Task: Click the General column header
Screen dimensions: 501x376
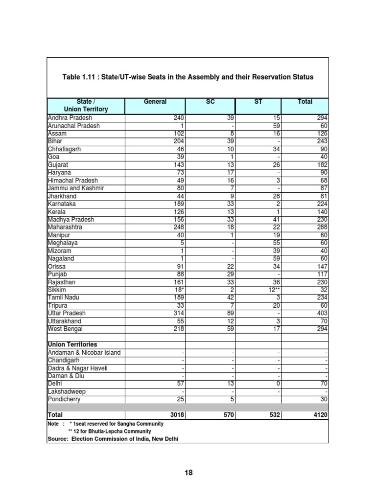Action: pyautogui.click(x=155, y=102)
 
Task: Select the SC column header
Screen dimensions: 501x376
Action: pyautogui.click(x=210, y=102)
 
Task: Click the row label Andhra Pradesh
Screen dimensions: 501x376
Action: pyautogui.click(x=70, y=118)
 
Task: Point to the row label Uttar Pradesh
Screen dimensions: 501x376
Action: pyautogui.click(x=67, y=313)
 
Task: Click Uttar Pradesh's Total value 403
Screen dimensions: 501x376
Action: pyautogui.click(x=320, y=313)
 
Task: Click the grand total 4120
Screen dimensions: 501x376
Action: pyautogui.click(x=318, y=415)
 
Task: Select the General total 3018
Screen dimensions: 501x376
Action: pyautogui.click(x=174, y=415)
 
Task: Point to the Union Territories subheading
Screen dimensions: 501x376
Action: pyautogui.click(x=72, y=344)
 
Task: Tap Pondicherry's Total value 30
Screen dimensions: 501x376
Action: pyautogui.click(x=323, y=399)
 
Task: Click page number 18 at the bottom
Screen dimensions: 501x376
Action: pyautogui.click(x=188, y=472)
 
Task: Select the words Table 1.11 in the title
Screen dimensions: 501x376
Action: pyautogui.click(x=80, y=77)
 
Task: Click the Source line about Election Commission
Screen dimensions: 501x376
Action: pyautogui.click(x=113, y=439)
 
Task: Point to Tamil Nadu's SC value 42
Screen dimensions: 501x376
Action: pyautogui.click(x=228, y=297)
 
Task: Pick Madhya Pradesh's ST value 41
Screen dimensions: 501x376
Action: pyautogui.click(x=276, y=220)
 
